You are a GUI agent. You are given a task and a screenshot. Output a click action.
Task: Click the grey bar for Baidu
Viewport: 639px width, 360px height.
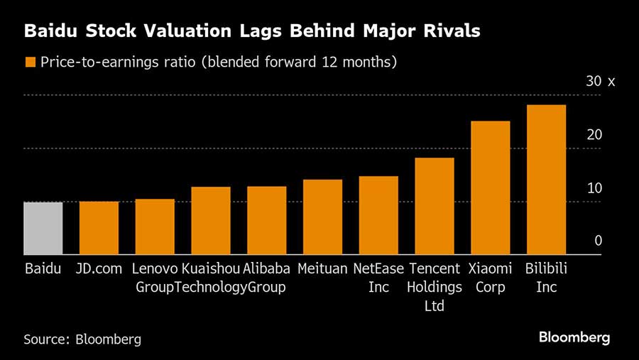coord(43,229)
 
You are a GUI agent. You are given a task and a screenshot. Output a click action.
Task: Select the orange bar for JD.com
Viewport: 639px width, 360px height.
coord(99,229)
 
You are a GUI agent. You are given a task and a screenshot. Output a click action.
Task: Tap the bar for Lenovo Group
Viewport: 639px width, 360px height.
coord(155,227)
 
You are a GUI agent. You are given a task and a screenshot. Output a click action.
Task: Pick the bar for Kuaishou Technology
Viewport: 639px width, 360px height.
coord(211,221)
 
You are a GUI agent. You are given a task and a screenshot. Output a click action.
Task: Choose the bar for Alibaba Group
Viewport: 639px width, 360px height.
coord(266,221)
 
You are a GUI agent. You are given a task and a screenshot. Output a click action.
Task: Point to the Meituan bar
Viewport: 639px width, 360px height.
coord(322,217)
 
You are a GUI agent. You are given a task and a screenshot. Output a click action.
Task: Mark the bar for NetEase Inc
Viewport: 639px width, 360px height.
coord(378,216)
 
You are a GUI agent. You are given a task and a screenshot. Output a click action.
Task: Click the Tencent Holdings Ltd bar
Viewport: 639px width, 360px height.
coord(435,207)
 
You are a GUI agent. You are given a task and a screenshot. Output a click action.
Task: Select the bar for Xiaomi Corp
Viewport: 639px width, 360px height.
coord(491,188)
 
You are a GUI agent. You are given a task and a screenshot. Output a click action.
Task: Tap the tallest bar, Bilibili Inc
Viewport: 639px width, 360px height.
coord(546,180)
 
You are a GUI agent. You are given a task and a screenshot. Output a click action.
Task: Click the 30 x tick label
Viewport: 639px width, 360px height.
coord(600,82)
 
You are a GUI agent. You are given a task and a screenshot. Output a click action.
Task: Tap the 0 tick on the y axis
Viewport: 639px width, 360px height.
coord(599,241)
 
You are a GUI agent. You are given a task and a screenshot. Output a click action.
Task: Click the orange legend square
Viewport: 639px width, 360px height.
coord(30,62)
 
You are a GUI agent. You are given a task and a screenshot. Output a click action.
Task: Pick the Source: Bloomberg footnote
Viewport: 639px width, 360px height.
coord(82,339)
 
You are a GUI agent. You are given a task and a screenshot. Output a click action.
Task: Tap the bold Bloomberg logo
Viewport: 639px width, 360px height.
coord(574,337)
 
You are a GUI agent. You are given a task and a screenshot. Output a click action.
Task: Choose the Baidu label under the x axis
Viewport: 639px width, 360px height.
coord(43,269)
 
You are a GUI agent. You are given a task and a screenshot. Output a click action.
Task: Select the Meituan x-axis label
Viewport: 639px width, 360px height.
coord(322,269)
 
